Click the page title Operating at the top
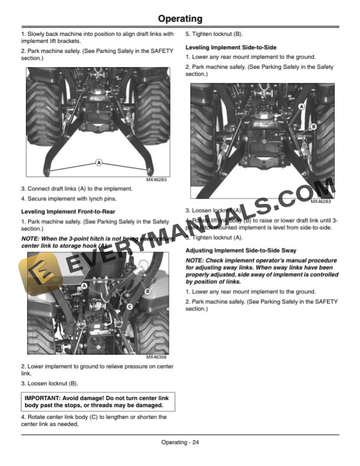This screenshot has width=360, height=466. click(180, 19)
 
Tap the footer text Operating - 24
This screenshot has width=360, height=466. click(180, 442)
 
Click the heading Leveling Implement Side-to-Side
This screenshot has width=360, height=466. click(231, 47)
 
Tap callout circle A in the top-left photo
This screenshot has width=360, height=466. click(98, 162)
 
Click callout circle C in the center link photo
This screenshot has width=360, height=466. click(129, 306)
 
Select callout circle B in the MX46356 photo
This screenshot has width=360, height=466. click(147, 291)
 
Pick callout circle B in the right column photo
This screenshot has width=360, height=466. click(313, 126)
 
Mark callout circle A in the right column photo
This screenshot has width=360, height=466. click(301, 106)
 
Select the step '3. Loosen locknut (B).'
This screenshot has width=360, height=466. click(49, 384)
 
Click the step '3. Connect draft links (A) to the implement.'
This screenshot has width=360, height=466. click(76, 189)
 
